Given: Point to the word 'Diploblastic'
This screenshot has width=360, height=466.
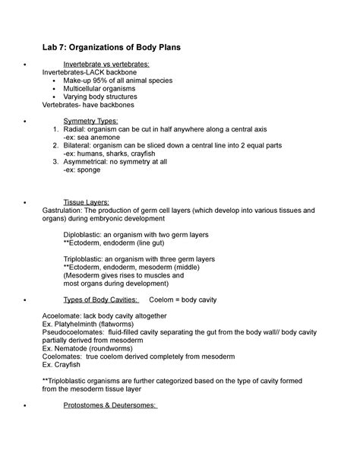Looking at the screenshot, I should coord(89,235).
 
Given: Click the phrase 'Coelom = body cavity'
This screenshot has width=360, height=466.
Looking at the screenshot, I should coord(187,298).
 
